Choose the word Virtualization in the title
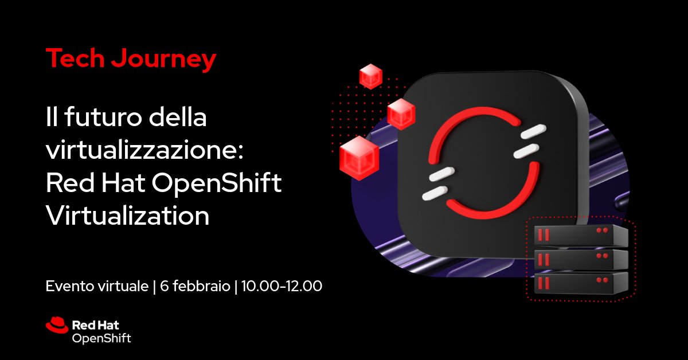coord(127,217)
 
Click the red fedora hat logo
coord(57,325)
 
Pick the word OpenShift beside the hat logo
coord(101,338)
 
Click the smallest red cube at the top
coord(370,76)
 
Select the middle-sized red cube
coord(401,114)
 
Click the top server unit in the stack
coord(580,234)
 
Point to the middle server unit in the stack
coord(580,259)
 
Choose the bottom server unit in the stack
coord(580,283)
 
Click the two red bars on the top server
coord(543,234)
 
